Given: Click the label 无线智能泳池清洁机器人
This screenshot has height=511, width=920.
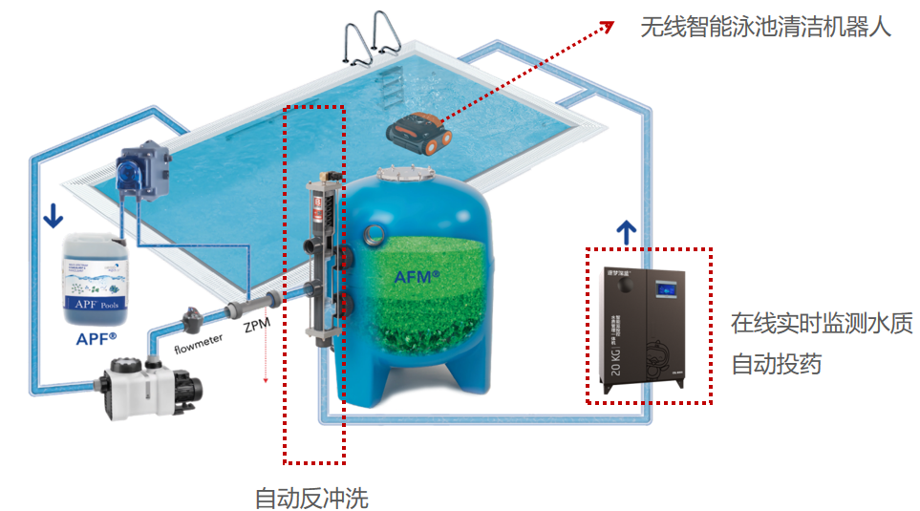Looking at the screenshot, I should [x=765, y=26].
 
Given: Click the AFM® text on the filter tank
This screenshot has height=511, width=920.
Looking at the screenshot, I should [x=417, y=276].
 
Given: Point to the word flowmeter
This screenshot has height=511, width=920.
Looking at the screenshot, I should [x=198, y=341].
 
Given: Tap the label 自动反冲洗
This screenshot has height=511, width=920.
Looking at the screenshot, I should [x=311, y=498].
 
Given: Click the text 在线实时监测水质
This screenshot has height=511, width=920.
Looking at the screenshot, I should [x=822, y=323].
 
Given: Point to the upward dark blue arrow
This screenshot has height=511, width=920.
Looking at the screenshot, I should [x=627, y=229].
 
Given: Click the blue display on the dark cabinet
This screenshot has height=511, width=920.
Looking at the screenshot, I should [x=666, y=287].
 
